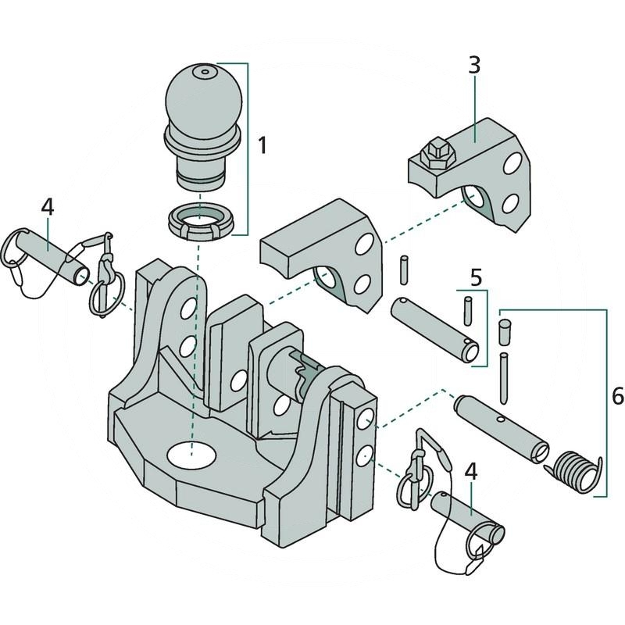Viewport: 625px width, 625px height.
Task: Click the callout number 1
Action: pos(263,145)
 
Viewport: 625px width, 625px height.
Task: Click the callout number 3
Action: pos(474,66)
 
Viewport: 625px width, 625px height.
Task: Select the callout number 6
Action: pos(617,397)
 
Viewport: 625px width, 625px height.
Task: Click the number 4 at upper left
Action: pos(48,207)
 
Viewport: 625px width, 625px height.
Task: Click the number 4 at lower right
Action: pos(470,471)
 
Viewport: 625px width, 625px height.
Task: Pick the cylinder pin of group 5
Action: pos(434,329)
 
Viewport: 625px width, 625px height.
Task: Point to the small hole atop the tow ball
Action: pos(205,73)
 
